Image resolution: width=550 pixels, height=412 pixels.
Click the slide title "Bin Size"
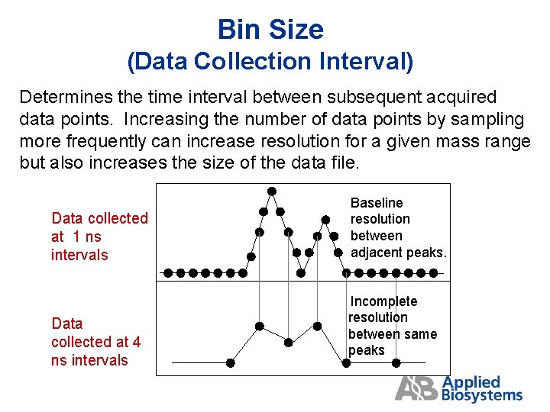(270, 30)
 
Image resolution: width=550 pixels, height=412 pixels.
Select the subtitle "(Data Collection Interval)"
(270, 62)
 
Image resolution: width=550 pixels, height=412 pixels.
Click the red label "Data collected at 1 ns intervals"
(99, 237)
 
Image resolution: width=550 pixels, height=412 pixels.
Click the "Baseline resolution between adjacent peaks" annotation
(397, 227)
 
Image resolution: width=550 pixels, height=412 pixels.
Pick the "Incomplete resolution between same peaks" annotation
(392, 326)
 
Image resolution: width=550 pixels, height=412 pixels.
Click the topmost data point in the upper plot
(271, 191)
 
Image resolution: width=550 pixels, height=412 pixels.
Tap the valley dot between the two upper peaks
(302, 272)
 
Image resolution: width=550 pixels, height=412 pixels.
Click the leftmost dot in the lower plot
(231, 363)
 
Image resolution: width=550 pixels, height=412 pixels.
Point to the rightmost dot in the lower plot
(345, 363)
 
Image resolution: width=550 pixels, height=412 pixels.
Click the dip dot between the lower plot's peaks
(288, 343)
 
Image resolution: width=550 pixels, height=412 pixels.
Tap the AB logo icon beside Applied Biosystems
(416, 388)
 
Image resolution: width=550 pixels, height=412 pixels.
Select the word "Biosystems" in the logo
(482, 395)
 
